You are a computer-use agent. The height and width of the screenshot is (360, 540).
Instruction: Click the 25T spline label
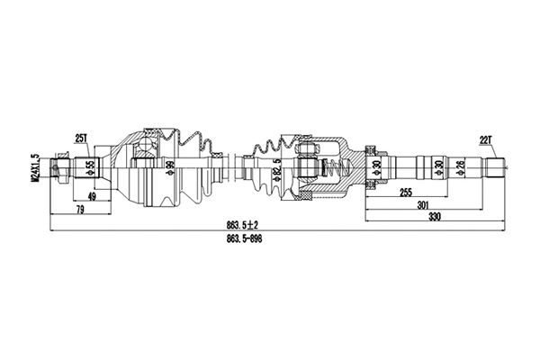pyautogui.click(x=80, y=137)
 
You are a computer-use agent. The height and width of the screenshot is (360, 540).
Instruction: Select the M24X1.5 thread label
pyautogui.click(x=35, y=166)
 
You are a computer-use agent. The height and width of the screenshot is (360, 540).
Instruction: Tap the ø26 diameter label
pyautogui.click(x=461, y=167)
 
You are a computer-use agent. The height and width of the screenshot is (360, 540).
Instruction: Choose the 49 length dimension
pyautogui.click(x=92, y=196)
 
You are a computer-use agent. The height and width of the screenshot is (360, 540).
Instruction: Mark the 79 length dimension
pyautogui.click(x=80, y=211)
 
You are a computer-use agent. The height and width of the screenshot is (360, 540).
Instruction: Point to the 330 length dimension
pyautogui.click(x=434, y=217)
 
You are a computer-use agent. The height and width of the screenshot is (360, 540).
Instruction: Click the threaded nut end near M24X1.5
pyautogui.click(x=60, y=166)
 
